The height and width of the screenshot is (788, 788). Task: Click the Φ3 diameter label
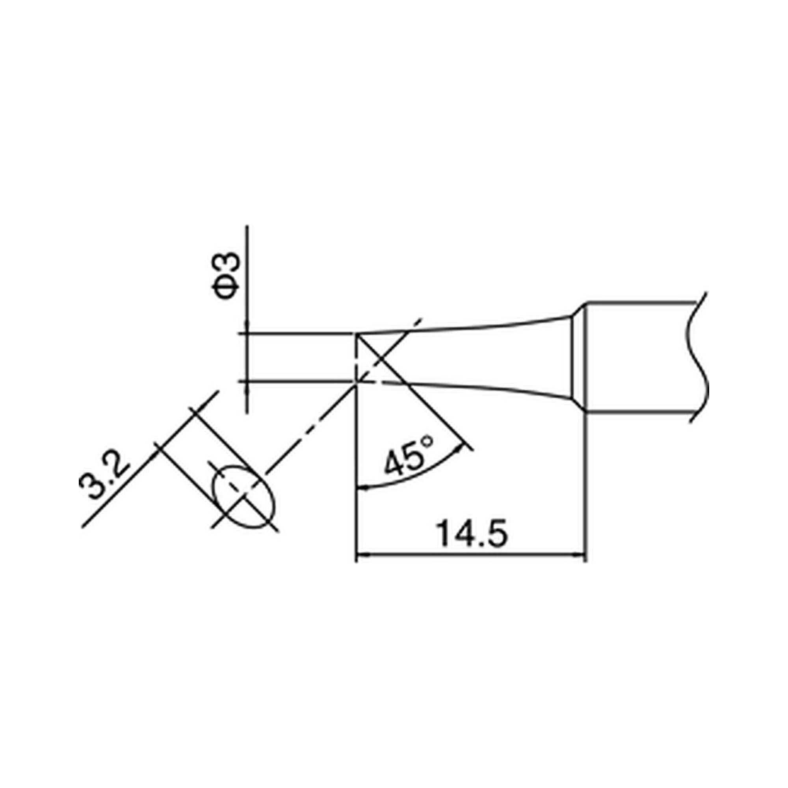point(227,275)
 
